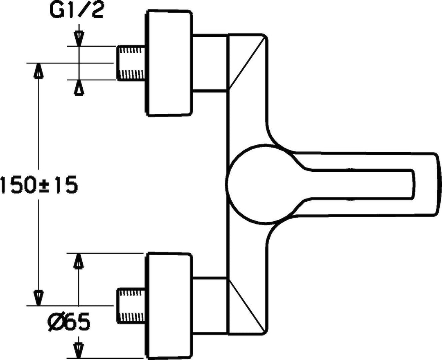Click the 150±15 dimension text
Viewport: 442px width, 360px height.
point(38,185)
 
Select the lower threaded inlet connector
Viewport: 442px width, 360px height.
point(131,305)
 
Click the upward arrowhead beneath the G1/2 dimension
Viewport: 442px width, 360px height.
point(78,87)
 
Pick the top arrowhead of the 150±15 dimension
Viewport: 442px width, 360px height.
point(38,70)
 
